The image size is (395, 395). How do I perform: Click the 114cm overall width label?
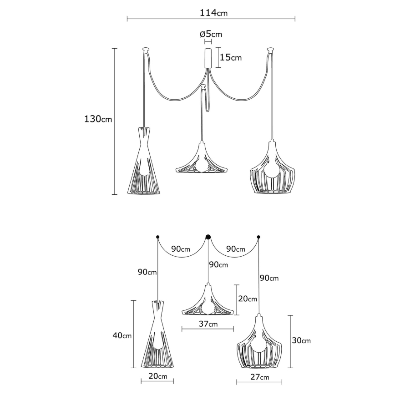(x=213, y=13)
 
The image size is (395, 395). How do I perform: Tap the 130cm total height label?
(x=98, y=119)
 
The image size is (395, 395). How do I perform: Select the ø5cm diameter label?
(x=211, y=34)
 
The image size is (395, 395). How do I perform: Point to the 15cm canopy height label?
(x=231, y=57)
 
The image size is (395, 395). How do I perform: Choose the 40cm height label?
(x=122, y=336)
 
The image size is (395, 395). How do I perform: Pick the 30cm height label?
(x=301, y=340)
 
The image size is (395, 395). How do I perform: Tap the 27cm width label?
(x=259, y=377)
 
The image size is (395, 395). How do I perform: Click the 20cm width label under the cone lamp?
(x=157, y=376)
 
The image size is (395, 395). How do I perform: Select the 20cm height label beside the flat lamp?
(x=248, y=299)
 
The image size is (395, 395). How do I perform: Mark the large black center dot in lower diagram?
(x=208, y=237)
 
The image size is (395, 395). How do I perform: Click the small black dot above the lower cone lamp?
(x=157, y=237)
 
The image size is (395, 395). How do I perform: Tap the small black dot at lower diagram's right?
(x=259, y=237)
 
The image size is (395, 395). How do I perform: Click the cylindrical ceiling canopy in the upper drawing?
(x=208, y=57)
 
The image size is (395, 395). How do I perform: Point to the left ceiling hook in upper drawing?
(x=146, y=48)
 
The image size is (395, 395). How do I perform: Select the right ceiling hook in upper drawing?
(x=271, y=48)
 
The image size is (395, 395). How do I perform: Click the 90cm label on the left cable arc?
(x=181, y=249)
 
